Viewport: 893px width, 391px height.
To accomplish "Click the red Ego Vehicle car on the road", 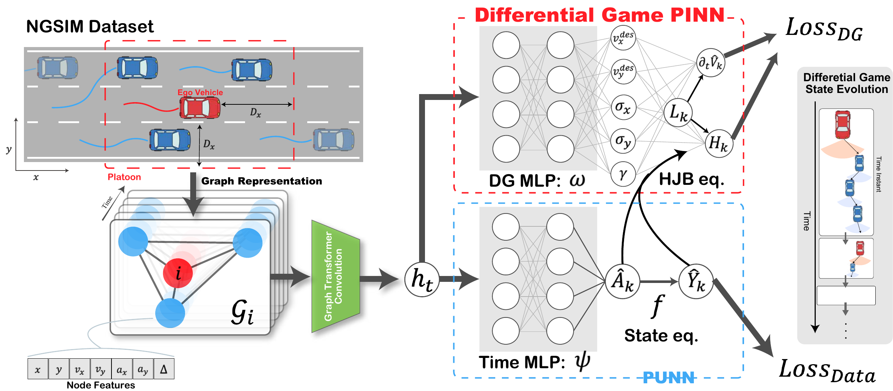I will [200, 108].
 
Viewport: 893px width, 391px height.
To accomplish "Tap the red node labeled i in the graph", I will [178, 273].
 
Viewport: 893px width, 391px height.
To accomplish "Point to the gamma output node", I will [623, 174].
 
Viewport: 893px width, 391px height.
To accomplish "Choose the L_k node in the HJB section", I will [678, 112].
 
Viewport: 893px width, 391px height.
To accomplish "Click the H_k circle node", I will [719, 143].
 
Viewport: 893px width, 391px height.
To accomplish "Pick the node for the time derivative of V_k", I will [710, 63].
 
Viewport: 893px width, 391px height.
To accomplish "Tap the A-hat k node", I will [623, 281].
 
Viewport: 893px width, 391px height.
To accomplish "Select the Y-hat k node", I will [696, 281].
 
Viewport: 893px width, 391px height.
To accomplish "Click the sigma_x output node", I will [623, 107].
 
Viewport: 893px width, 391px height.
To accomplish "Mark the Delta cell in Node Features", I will [164, 369].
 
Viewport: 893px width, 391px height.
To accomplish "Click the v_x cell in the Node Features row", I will [79, 369].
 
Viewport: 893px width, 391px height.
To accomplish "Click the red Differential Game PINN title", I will [599, 15].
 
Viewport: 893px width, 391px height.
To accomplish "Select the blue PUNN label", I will [668, 378].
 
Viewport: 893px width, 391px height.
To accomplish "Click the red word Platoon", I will [124, 177].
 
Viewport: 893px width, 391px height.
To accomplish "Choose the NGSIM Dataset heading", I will [90, 26].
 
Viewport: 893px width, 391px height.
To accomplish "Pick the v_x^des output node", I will [623, 38].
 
